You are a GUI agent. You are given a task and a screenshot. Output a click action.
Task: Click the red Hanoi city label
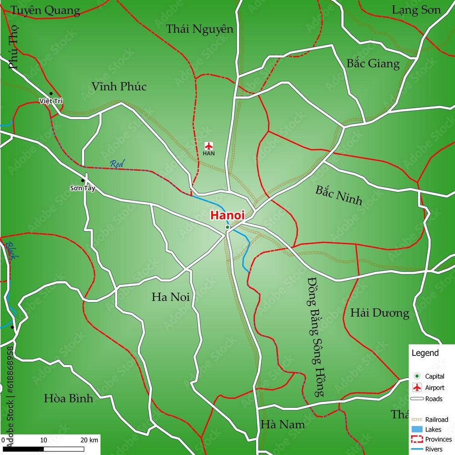pos(227,215)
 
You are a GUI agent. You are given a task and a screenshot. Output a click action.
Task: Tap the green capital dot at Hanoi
pos(227,227)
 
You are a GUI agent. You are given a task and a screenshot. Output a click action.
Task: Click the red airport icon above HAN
pos(209,146)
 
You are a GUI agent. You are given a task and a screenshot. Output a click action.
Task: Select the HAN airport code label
pos(209,153)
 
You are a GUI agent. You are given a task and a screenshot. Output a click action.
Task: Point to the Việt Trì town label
pos(51,101)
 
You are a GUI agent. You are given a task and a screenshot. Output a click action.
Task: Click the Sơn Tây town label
pos(82,188)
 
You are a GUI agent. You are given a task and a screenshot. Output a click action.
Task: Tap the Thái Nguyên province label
pos(199,30)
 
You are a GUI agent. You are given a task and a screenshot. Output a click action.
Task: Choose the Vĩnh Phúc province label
pos(119,86)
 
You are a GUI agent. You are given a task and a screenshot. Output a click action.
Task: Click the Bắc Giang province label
pos(373,64)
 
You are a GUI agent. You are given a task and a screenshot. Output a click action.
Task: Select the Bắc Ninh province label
pos(339,195)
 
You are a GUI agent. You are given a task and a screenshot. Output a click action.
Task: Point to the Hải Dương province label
pos(379,313)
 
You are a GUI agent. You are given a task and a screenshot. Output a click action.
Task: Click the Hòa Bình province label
pos(68,399)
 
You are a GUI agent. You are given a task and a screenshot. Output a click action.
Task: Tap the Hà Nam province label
pos(283,425)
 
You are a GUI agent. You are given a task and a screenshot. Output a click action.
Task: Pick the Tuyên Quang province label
pos(45,10)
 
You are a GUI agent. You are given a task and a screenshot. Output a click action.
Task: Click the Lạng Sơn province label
pos(416,10)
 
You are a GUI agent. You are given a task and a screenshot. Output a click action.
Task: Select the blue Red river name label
pos(117,163)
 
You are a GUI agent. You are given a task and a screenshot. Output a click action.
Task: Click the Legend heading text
pos(425,353)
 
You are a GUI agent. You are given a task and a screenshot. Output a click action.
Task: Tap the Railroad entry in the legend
pos(436,420)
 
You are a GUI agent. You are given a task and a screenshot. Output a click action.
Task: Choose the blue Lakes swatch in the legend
pos(416,429)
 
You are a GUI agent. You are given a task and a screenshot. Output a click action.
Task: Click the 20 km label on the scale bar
pos(89,440)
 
